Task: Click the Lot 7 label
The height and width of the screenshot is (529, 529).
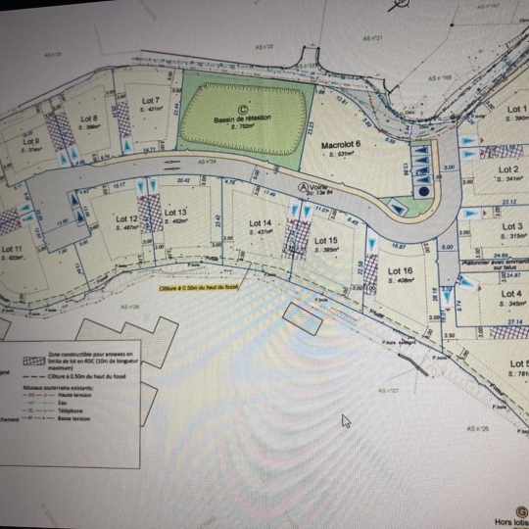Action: pos(150,101)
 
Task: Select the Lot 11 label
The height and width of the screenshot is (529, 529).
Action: pos(13,250)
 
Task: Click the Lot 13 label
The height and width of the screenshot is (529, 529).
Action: pos(176,213)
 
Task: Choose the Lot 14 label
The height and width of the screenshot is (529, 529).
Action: pos(260,224)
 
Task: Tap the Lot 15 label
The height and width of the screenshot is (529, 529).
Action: pos(326,241)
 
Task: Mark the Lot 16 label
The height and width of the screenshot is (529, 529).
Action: pos(399,270)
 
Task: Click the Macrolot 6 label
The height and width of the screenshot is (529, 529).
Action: pos(342,144)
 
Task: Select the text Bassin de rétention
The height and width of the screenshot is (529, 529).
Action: pos(242,119)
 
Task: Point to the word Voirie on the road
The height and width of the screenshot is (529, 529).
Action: pos(321,187)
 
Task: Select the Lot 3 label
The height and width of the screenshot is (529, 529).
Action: pos(511,227)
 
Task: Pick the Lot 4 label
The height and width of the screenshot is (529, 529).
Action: pos(511,294)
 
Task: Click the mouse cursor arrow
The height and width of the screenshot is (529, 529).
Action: pos(345,420)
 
